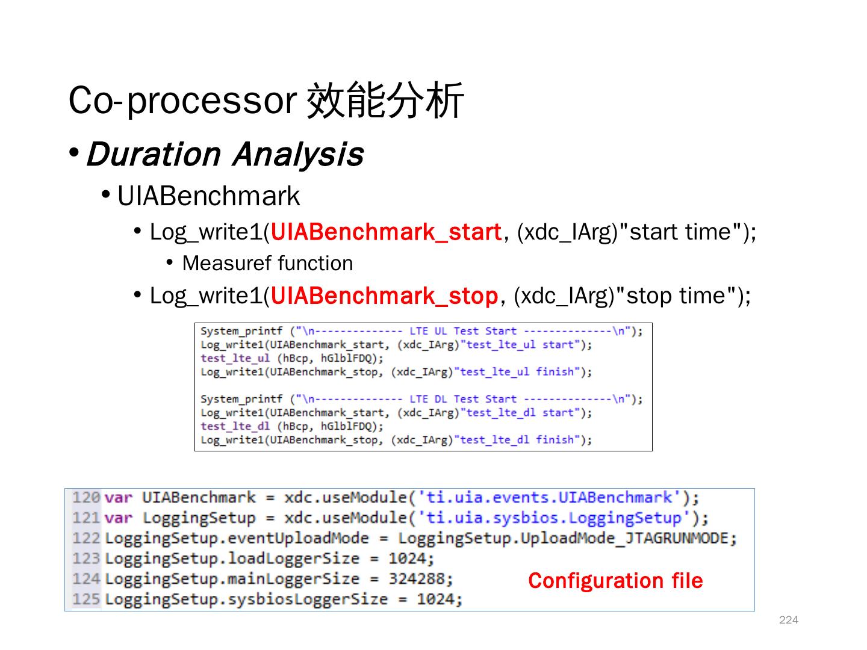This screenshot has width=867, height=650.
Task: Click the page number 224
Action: (788, 620)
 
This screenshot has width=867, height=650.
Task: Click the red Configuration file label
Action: (615, 581)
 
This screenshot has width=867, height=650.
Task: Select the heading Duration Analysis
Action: (225, 154)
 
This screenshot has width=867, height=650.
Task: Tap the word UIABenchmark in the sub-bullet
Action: (208, 196)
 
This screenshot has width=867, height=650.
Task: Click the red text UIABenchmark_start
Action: (386, 232)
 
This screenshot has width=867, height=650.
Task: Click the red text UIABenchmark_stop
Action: (384, 296)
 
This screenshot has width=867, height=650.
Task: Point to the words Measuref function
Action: (267, 264)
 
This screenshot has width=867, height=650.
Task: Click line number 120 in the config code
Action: (85, 498)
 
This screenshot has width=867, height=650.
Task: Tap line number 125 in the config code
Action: (85, 599)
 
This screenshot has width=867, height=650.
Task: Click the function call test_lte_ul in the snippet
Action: (235, 358)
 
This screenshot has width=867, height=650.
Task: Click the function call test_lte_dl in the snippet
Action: (235, 426)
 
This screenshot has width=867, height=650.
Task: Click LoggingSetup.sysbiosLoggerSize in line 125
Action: (246, 599)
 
